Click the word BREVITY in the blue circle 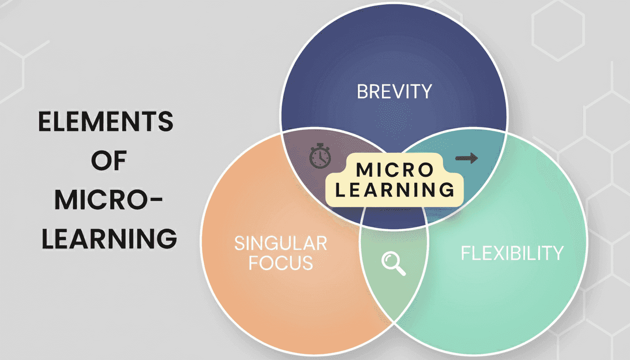(x=394, y=91)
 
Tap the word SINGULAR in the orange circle (x=280, y=243)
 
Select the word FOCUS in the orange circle (x=280, y=263)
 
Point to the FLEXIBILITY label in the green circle (x=512, y=253)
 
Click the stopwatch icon (x=320, y=157)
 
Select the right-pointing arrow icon (x=466, y=158)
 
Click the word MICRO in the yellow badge (x=394, y=170)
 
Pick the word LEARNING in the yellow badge (x=394, y=190)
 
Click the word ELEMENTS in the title (x=105, y=123)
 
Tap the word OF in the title (x=108, y=162)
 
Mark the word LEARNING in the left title (x=109, y=239)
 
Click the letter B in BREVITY (x=362, y=91)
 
